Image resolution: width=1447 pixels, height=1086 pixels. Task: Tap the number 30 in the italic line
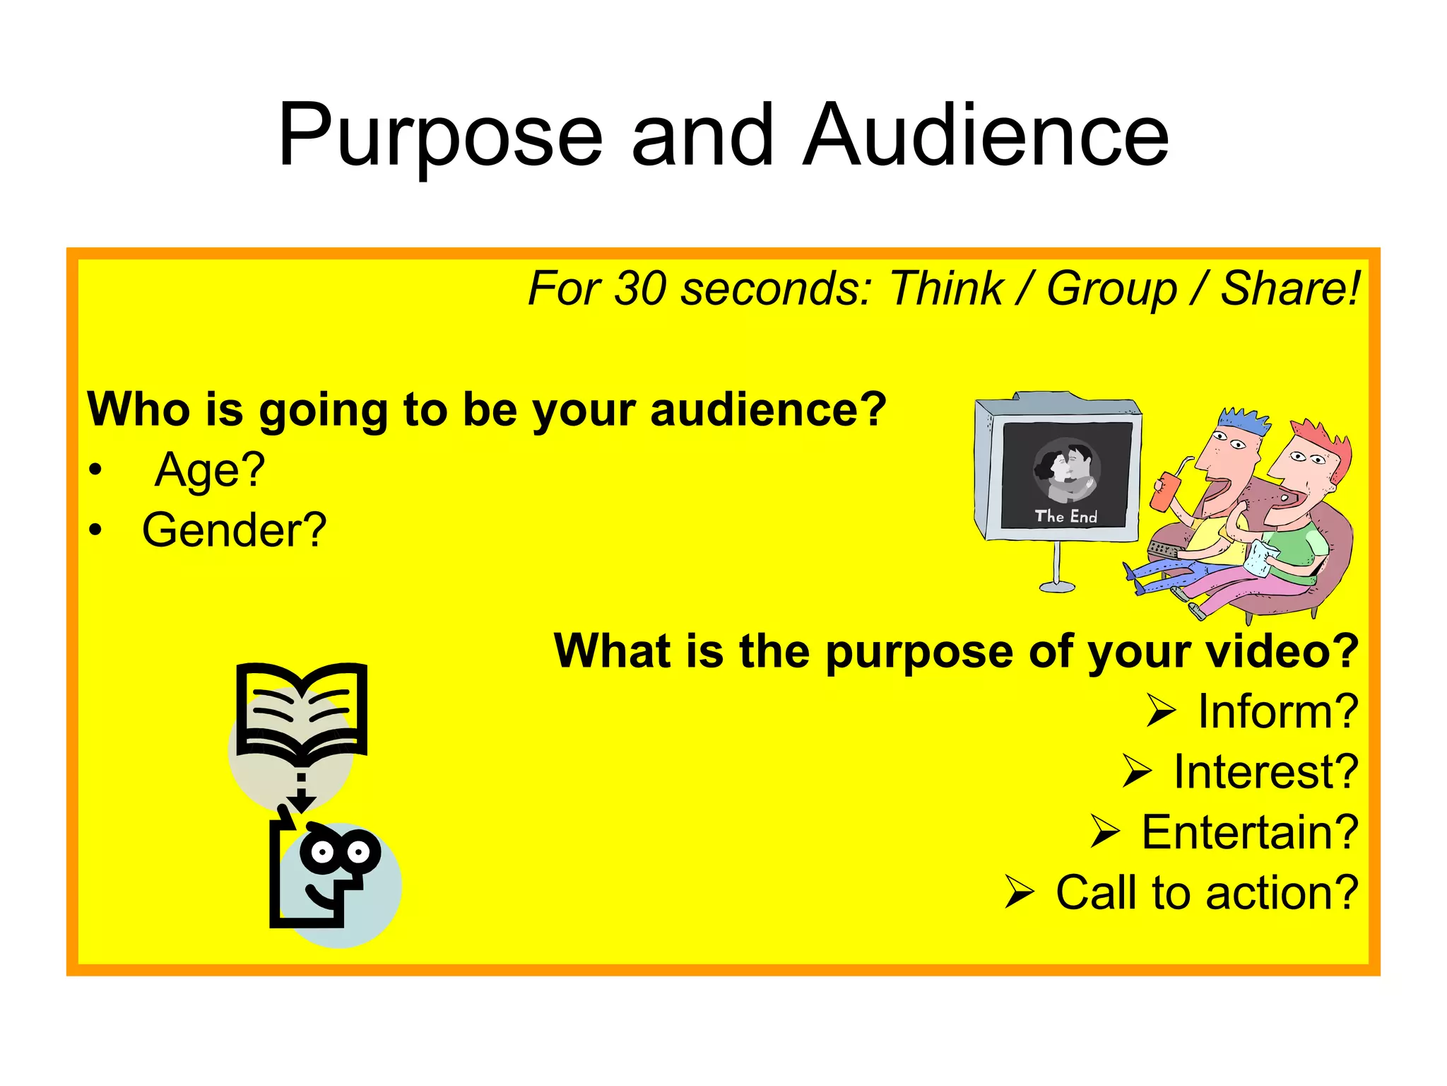pyautogui.click(x=640, y=288)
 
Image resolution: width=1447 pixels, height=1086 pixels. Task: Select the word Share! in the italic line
pyautogui.click(x=1290, y=288)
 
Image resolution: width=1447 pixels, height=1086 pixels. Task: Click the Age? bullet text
pyautogui.click(x=210, y=470)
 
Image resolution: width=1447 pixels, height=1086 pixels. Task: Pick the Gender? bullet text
pyautogui.click(x=234, y=530)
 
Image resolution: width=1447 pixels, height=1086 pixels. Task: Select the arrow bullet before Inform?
pyautogui.click(x=1161, y=711)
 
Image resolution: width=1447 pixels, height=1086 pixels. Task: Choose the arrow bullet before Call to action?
pyautogui.click(x=1020, y=892)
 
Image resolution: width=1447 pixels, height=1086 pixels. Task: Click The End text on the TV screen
pyautogui.click(x=1065, y=517)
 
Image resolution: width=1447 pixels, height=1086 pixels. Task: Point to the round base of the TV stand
pyautogui.click(x=1057, y=586)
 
